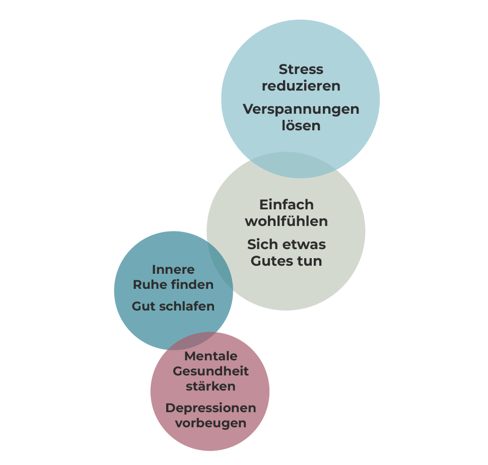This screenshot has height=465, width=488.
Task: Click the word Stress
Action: [301, 69]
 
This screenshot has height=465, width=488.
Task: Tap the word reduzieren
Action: [301, 86]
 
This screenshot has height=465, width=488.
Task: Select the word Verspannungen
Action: [301, 109]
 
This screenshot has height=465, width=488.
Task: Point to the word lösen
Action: [301, 125]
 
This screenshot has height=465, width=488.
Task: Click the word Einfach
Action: [286, 205]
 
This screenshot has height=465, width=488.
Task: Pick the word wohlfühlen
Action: [286, 221]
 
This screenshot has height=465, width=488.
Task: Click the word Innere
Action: [173, 269]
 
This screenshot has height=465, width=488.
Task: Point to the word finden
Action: [192, 285]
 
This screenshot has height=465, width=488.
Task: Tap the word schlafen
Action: [187, 306]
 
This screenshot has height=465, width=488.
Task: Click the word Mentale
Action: [211, 356]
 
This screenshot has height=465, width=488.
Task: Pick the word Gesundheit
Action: [211, 372]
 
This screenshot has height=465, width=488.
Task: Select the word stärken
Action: [211, 386]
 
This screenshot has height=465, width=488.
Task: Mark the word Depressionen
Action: [211, 408]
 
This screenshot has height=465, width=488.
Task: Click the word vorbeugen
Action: [211, 423]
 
